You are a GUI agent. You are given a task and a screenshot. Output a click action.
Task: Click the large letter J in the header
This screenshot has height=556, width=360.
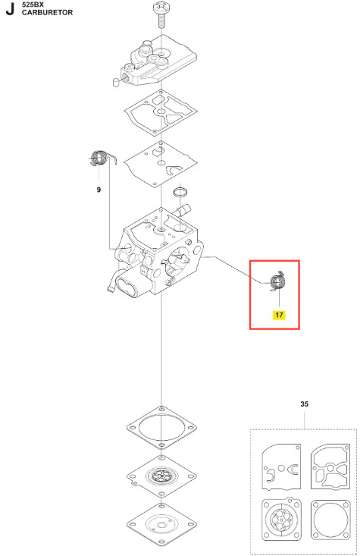coord(10,9)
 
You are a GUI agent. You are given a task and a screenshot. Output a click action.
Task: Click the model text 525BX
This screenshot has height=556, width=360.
coord(33,5)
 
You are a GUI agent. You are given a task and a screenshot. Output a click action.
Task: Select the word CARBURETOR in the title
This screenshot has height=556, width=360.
coord(47,12)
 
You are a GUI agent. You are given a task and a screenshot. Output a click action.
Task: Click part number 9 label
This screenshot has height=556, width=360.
coord(99,190)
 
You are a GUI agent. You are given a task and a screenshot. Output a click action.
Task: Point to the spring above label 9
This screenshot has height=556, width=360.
coord(101,158)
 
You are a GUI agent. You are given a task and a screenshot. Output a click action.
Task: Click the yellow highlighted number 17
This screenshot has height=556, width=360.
coord(279,315)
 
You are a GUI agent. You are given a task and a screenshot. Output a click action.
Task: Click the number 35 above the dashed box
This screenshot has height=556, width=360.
coord(304,404)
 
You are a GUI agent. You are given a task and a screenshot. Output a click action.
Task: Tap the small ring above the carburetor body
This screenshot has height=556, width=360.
coord(180,192)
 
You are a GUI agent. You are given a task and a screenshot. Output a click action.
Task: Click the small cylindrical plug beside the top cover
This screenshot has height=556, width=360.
coord(115,82)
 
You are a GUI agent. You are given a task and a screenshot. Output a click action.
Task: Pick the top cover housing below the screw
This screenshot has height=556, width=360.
coord(158,60)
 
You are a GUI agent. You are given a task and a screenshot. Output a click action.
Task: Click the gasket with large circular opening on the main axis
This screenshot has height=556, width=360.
coord(161,428)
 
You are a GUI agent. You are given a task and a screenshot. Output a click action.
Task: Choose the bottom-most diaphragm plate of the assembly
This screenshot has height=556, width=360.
coord(161,524)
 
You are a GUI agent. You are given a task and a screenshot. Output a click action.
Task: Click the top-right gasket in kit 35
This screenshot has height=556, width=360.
coord(330,466)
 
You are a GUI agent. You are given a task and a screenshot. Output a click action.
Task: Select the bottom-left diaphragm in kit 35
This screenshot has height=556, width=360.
coord(281,520)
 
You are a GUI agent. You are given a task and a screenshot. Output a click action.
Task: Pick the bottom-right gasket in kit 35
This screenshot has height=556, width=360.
coord(330,520)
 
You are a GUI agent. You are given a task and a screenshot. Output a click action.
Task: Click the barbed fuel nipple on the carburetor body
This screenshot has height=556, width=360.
coord(183,209)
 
